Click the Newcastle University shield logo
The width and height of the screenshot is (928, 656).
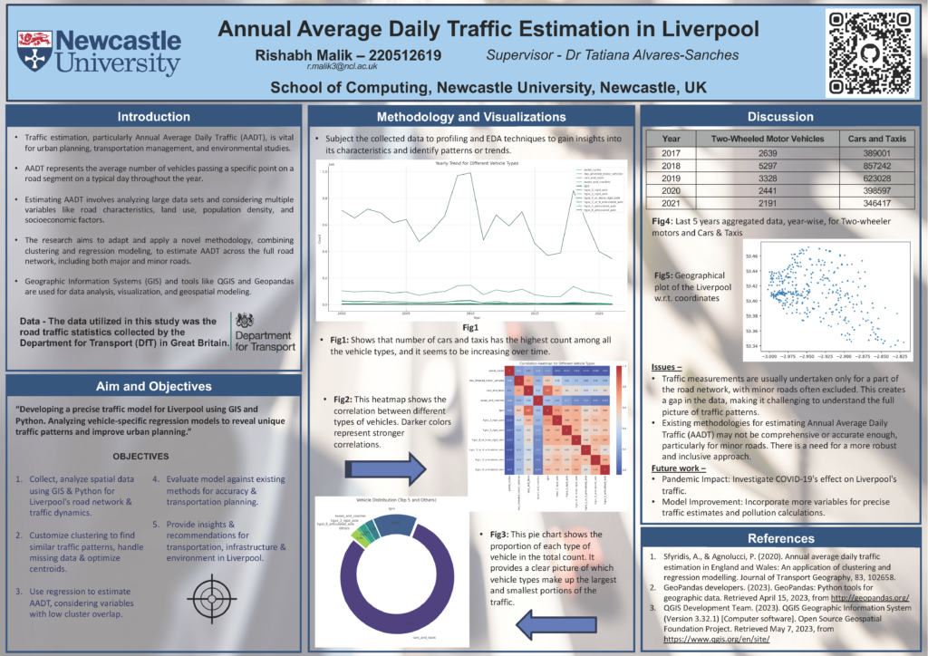(x=34, y=51)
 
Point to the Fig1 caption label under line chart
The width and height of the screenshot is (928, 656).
(x=469, y=326)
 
